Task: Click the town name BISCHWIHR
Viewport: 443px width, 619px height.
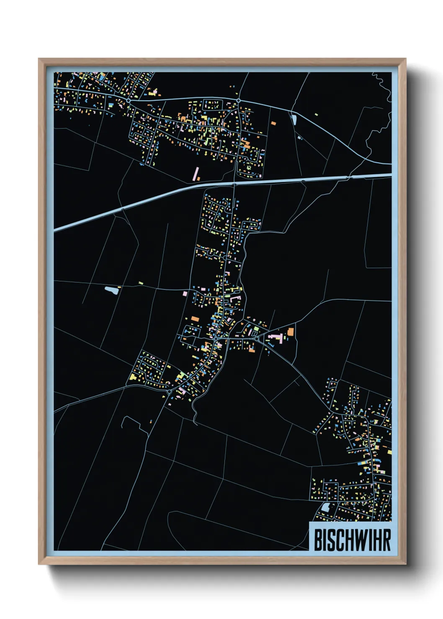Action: pyautogui.click(x=352, y=540)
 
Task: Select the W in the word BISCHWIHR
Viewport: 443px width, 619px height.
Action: pyautogui.click(x=361, y=540)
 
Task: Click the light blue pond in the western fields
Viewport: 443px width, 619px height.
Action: pyautogui.click(x=111, y=289)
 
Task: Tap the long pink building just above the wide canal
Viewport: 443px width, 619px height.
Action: pyautogui.click(x=196, y=174)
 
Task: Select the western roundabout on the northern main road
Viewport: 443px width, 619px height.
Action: pyautogui.click(x=128, y=101)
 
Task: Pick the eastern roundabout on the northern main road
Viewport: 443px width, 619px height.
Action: pyautogui.click(x=238, y=101)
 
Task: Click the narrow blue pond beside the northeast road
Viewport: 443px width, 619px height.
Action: pyautogui.click(x=294, y=120)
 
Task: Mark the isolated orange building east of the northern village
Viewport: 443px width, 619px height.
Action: pyautogui.click(x=274, y=123)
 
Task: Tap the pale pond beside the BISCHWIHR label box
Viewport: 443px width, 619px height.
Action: pyautogui.click(x=325, y=507)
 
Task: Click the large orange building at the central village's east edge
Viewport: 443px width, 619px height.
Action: pyautogui.click(x=291, y=332)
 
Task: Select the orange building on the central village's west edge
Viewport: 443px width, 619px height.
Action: pyautogui.click(x=195, y=319)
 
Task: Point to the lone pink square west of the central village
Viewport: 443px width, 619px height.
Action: pyautogui.click(x=185, y=294)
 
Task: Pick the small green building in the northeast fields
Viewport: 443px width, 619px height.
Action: pyautogui.click(x=316, y=114)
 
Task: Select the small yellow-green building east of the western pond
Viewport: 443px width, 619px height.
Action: pyautogui.click(x=141, y=283)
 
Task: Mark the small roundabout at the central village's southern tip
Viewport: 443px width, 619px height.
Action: pyautogui.click(x=169, y=392)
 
